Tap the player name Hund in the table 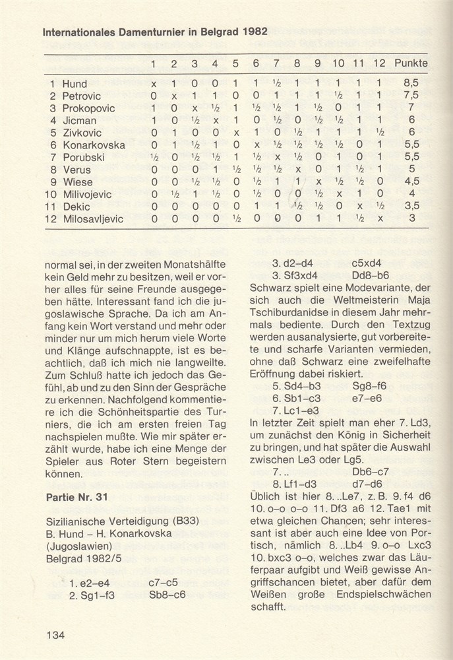point(74,84)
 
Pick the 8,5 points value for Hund point(411,84)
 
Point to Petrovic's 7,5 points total point(411,96)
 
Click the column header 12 point(378,63)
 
